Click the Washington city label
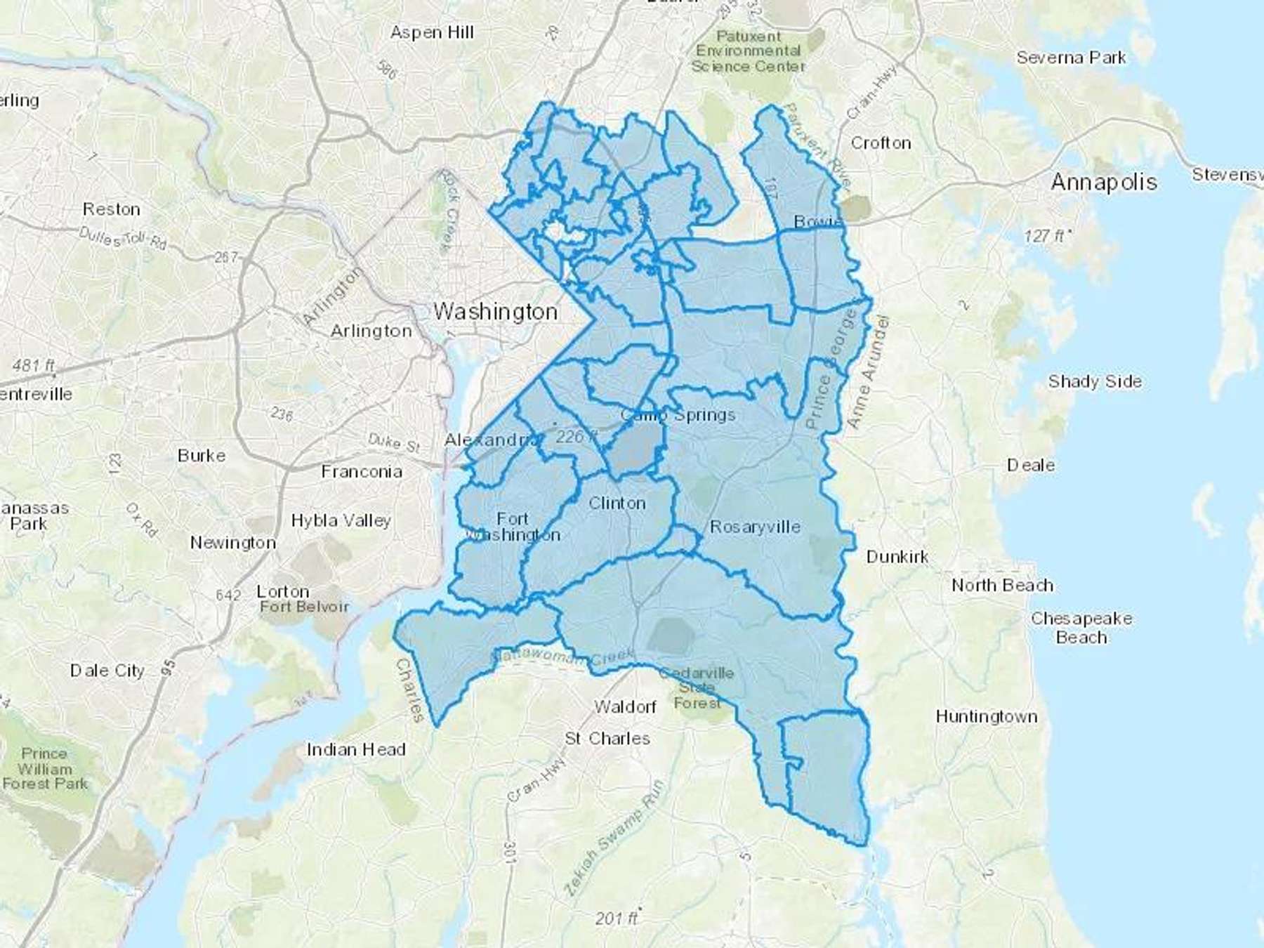[495, 311]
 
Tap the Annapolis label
[1104, 183]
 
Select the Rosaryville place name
[755, 527]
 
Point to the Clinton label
[617, 503]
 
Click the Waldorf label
[625, 706]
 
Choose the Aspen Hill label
[432, 32]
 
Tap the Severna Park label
[1071, 58]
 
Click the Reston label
[111, 209]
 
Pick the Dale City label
[107, 671]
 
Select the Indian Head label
[356, 749]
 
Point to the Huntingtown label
[986, 716]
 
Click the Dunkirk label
[897, 557]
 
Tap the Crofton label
[881, 143]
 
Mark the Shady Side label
[1095, 381]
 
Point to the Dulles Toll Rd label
[123, 239]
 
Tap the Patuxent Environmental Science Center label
[748, 51]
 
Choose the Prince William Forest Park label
[45, 768]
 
